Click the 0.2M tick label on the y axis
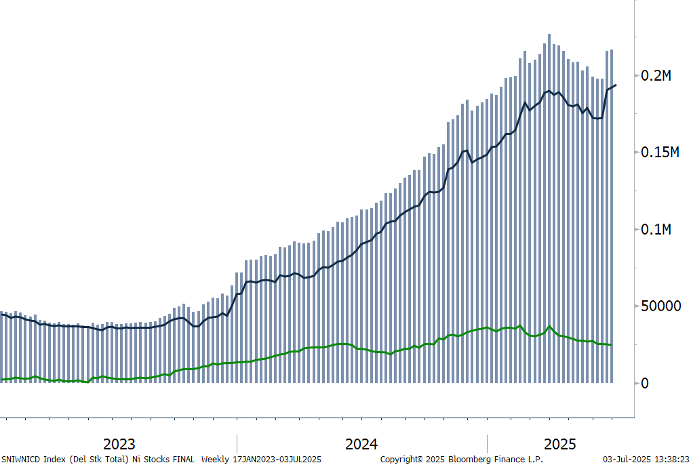[x=656, y=76]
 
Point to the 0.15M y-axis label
[x=660, y=153]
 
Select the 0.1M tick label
[x=656, y=229]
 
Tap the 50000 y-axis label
[x=660, y=306]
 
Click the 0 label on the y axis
[x=645, y=383]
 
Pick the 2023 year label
[x=119, y=444]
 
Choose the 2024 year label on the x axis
[x=361, y=444]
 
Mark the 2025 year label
[x=559, y=444]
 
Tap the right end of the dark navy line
[x=616, y=85]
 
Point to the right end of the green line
[x=611, y=345]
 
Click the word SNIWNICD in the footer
[x=21, y=460]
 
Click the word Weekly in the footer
[x=215, y=460]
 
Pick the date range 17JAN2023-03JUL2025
[x=277, y=460]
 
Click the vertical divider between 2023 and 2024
[x=237, y=443]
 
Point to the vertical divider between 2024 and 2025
[x=487, y=443]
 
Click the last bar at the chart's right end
[x=612, y=216]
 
